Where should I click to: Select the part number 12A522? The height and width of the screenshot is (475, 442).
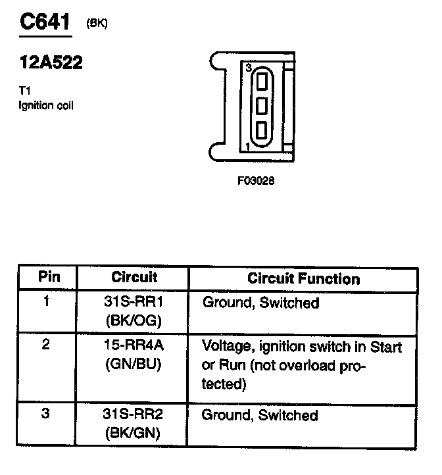51,64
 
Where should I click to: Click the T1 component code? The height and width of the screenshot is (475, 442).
25,91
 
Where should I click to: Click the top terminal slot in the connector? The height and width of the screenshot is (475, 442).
262,82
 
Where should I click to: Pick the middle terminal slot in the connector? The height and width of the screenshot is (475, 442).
262,105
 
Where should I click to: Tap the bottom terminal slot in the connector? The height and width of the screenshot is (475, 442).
262,129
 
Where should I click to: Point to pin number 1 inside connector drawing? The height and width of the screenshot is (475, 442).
247,145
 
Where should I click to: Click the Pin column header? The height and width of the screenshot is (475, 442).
49,278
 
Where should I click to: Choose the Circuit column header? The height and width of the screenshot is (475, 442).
134,278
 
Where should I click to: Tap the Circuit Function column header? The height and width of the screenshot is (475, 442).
303,278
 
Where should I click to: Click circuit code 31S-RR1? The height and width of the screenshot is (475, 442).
133,303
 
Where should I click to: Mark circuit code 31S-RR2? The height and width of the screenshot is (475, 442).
133,416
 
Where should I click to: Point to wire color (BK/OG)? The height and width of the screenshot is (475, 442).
133,320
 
